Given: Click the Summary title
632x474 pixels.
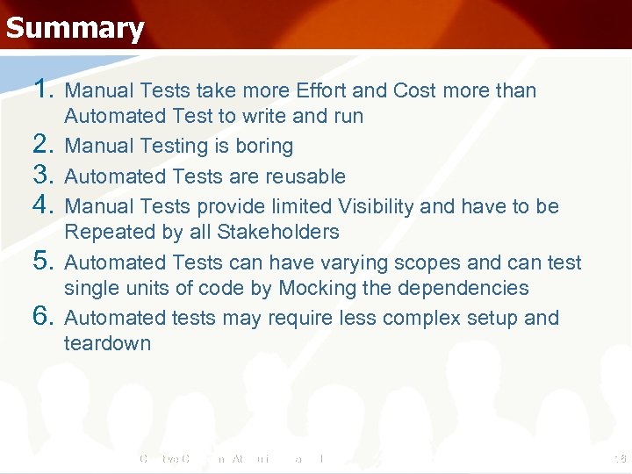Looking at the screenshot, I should click(75, 28).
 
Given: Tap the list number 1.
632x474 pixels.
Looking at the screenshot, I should click(43, 90).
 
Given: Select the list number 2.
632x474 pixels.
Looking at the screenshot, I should click(43, 145).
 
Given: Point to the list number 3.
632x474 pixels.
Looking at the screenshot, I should click(43, 176).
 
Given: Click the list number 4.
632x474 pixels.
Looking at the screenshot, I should click(43, 205).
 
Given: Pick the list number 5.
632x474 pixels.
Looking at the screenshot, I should click(43, 262).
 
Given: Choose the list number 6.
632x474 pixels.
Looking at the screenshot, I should click(43, 317).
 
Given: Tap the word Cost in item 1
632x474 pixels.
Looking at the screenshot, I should click(416, 90).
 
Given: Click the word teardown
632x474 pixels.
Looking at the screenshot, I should click(107, 343).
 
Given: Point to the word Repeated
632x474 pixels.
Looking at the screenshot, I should click(108, 232).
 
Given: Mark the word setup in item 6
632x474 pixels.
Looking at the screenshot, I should click(493, 318).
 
